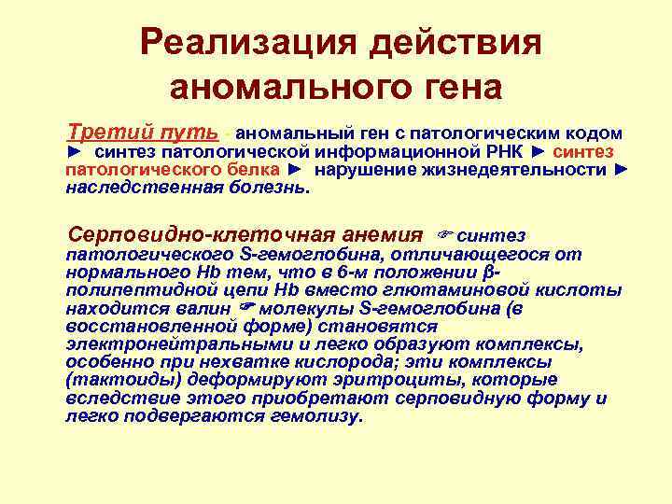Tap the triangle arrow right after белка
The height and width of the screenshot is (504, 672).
(296, 169)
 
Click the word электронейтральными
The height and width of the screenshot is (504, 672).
(154, 344)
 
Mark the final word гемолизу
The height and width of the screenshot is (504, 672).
(315, 416)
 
